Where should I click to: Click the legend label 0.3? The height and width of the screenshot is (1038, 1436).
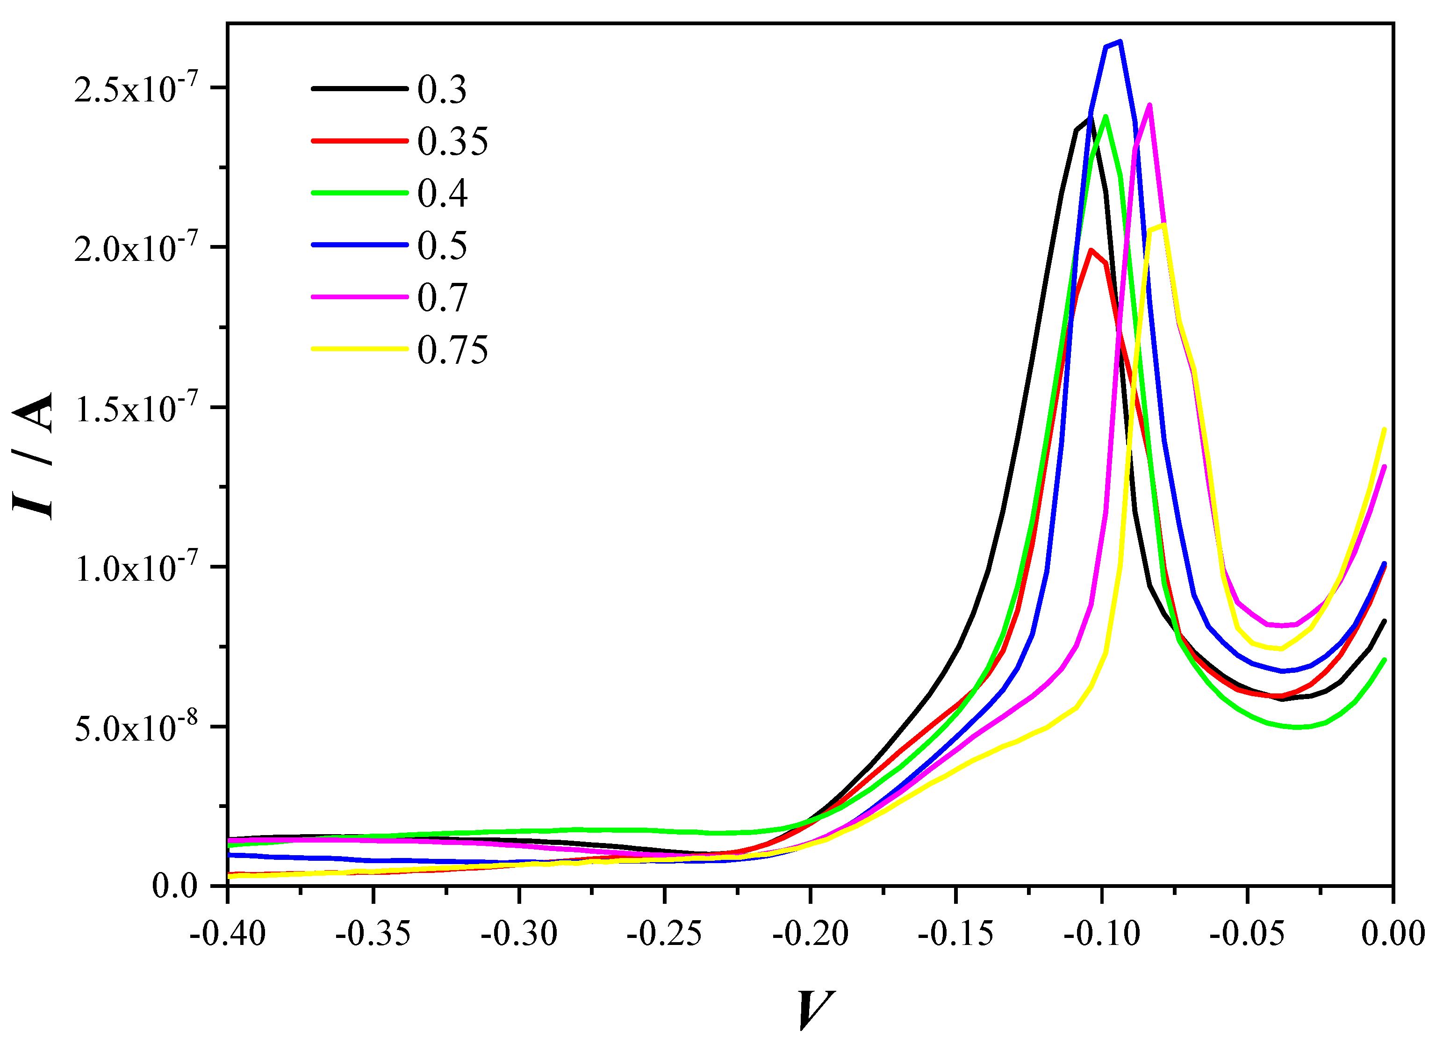pos(441,89)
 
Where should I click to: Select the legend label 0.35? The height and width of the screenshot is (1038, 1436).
pos(452,141)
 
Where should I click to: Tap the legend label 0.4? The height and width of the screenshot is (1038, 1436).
pos(442,193)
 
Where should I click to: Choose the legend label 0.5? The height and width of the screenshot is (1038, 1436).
pos(442,246)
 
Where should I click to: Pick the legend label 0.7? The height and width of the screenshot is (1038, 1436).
pos(442,298)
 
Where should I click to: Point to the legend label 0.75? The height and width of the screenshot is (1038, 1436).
pos(452,350)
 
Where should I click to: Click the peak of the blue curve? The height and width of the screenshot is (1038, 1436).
pos(1120,42)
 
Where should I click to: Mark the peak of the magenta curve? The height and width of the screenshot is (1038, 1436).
pos(1149,105)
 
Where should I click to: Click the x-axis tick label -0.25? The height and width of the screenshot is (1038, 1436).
pos(664,934)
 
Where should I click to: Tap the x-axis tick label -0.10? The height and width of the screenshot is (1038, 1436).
pos(1102,934)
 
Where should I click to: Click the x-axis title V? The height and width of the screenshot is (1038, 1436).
pos(814,1009)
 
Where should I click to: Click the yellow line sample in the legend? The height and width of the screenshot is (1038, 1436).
pos(359,348)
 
